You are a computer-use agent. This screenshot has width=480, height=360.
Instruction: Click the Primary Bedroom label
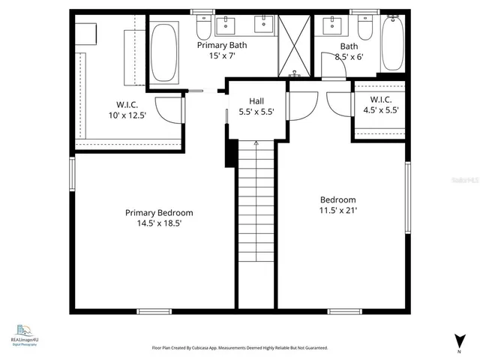click(158, 212)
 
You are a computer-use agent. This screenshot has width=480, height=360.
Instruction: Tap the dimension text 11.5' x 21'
click(337, 211)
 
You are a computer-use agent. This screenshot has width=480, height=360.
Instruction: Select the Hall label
click(251, 100)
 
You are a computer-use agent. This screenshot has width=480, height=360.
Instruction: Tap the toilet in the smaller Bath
click(365, 28)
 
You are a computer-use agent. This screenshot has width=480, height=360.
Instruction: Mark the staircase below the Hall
click(256, 202)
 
